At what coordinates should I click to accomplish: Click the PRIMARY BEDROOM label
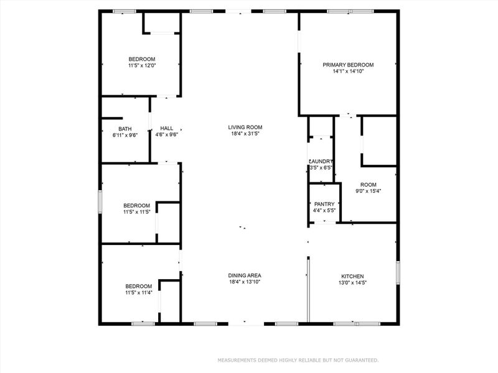(347, 65)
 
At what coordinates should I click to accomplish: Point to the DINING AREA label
(245, 275)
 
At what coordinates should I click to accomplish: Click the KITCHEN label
(352, 277)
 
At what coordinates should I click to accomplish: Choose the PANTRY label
(324, 204)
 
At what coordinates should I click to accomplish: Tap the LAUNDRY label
(321, 161)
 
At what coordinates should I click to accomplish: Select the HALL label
(166, 128)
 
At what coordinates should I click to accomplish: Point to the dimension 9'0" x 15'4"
(369, 191)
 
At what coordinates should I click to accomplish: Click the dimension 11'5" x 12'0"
(142, 65)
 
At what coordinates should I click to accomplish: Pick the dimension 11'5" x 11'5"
(136, 212)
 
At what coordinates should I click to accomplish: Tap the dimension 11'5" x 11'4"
(138, 293)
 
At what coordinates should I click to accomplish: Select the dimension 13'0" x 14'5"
(352, 283)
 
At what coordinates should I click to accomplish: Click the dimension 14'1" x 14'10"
(347, 71)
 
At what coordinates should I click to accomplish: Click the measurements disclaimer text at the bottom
(297, 360)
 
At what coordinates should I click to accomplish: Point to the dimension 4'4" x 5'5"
(324, 211)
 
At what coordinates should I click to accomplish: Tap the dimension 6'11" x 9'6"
(125, 135)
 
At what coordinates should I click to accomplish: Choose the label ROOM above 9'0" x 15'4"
(369, 184)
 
